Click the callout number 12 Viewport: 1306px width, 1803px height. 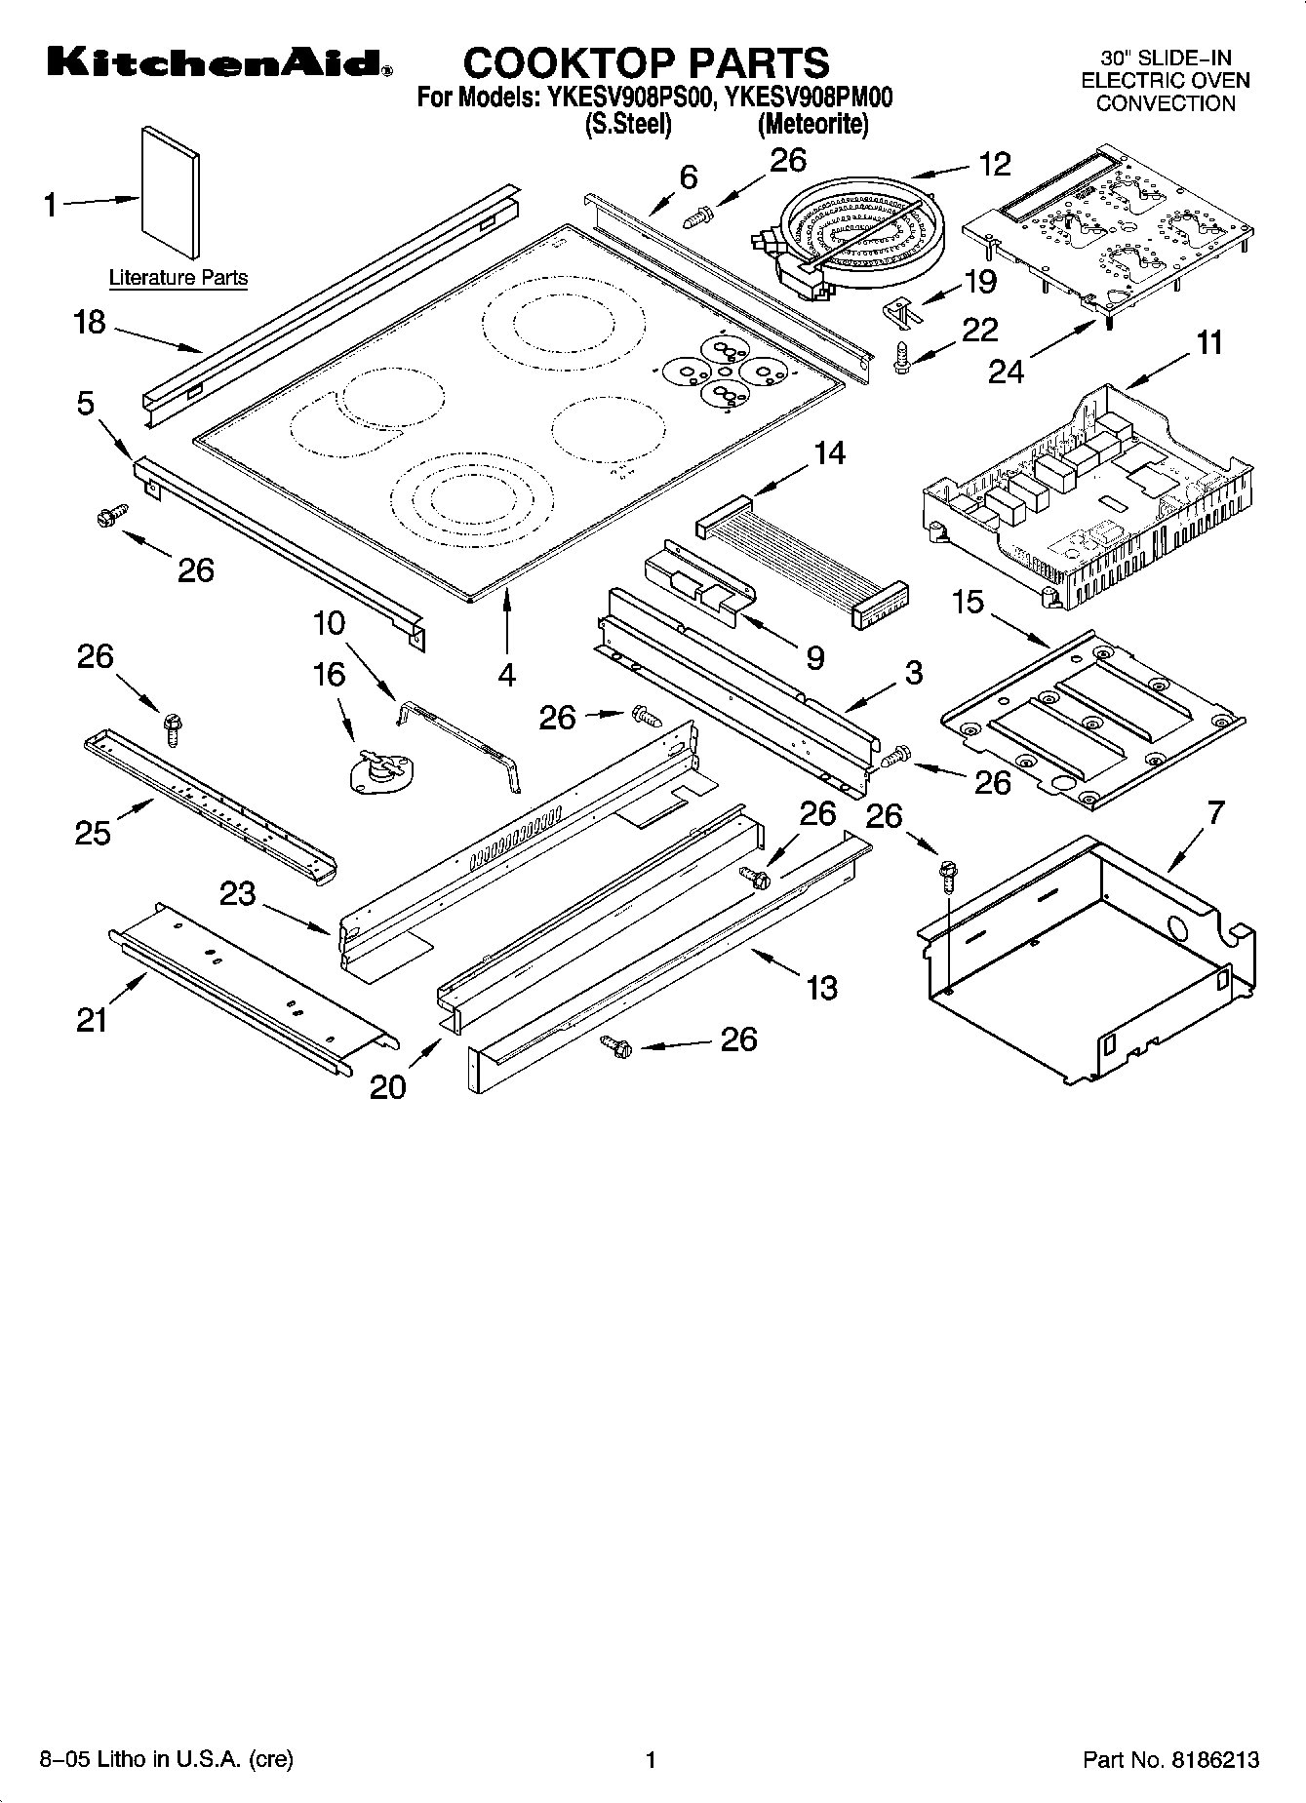click(x=994, y=164)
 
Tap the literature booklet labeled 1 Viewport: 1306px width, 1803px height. click(x=172, y=195)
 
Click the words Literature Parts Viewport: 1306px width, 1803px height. click(x=178, y=278)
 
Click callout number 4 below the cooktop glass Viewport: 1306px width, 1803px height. click(x=507, y=674)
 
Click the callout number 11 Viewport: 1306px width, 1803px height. click(x=1208, y=343)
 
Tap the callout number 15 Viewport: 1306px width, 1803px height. click(x=968, y=602)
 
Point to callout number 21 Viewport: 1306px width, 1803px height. click(x=92, y=1020)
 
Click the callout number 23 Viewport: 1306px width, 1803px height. click(x=236, y=892)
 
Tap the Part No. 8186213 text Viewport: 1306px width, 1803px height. click(x=1170, y=1759)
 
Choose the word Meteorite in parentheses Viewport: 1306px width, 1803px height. click(x=813, y=124)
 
